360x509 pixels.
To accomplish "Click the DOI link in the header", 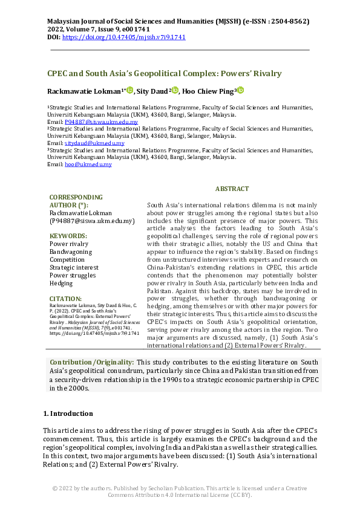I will pyautogui.click(x=124, y=37).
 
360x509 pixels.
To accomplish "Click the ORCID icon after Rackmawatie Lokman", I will pyautogui.click(x=129, y=90).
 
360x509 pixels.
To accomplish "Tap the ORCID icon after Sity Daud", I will pyautogui.click(x=175, y=90).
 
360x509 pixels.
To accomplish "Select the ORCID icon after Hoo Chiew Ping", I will pyautogui.click(x=240, y=90).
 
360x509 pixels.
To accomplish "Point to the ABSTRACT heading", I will pyautogui.click(x=232, y=189).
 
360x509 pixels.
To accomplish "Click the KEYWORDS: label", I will pyautogui.click(x=68, y=236).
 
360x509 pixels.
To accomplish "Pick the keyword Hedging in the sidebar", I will pyautogui.click(x=61, y=283).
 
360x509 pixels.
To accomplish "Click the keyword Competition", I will pyautogui.click(x=67, y=259).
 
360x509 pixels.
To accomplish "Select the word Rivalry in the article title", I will pyautogui.click(x=265, y=74).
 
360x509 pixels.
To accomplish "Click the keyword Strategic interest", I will pyautogui.click(x=73, y=267).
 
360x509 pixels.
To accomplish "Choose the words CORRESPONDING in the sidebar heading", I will pyautogui.click(x=76, y=197).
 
